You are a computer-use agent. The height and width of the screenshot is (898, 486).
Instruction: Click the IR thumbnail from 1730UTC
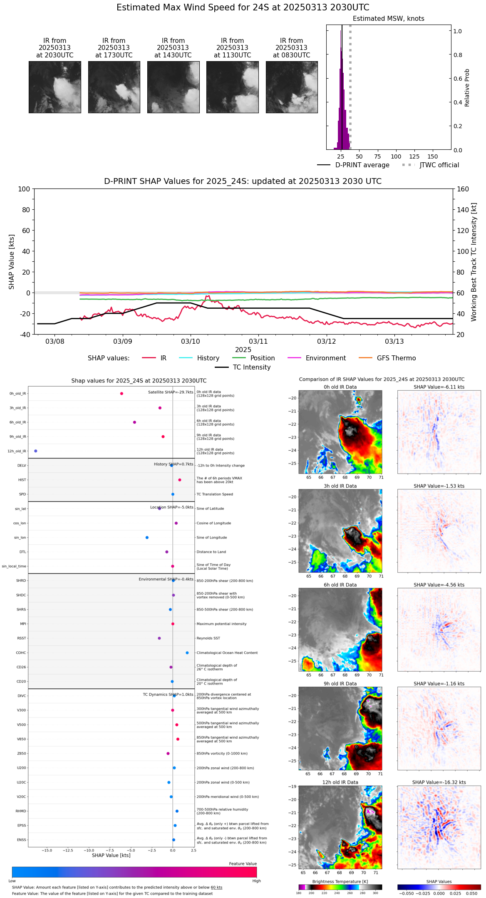114,87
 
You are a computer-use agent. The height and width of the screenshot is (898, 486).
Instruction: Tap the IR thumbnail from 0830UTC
292,87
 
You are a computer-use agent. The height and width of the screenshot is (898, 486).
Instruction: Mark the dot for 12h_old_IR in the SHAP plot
36,451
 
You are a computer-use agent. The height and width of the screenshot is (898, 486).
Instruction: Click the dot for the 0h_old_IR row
121,394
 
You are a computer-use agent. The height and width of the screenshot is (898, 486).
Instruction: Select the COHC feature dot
187,653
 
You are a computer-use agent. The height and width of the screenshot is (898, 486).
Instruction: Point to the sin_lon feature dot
147,538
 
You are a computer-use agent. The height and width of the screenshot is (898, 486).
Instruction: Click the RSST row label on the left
22,638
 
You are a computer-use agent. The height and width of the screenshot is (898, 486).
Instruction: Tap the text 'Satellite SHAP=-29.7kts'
171,392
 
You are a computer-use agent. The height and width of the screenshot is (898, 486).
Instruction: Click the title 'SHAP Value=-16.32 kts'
439,783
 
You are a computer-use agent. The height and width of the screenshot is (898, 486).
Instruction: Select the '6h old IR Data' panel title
340,585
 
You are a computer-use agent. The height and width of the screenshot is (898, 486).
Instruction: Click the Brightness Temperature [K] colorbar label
340,882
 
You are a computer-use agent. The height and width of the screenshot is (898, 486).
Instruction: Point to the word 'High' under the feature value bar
256,881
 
